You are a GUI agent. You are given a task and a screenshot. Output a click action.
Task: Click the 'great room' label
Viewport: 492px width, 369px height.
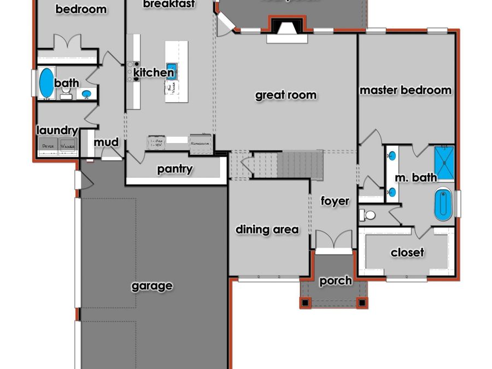point(285,95)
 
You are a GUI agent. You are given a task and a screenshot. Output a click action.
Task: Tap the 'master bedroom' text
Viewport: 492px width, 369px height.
point(406,90)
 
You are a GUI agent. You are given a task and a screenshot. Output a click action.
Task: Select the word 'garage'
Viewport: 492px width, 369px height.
point(152,286)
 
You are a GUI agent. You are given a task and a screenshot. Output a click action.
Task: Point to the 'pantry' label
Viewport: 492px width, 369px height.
point(175,169)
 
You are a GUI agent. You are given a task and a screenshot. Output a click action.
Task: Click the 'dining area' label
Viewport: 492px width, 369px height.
point(267,229)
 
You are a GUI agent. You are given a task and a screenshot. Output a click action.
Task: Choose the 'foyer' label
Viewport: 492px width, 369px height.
point(335,201)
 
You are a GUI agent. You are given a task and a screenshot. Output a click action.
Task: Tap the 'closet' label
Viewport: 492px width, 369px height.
point(407,253)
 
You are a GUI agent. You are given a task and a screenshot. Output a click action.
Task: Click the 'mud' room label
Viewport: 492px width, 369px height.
point(106,142)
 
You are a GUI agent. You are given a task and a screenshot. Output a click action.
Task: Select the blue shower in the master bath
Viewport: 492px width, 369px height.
point(444,162)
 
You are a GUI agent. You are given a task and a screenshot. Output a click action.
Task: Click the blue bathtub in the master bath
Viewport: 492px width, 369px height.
point(443,205)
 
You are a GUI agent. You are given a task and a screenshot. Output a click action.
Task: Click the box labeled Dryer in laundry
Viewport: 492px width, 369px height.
point(49,146)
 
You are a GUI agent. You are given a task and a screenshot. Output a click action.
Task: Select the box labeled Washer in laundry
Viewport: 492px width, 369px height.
point(68,146)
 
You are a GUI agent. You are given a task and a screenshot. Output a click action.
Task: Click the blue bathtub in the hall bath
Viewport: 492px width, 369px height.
point(46,83)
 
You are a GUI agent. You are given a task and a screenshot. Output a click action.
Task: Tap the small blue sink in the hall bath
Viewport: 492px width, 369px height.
point(86,93)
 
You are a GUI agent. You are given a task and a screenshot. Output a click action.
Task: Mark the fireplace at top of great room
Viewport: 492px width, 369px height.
point(284,28)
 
